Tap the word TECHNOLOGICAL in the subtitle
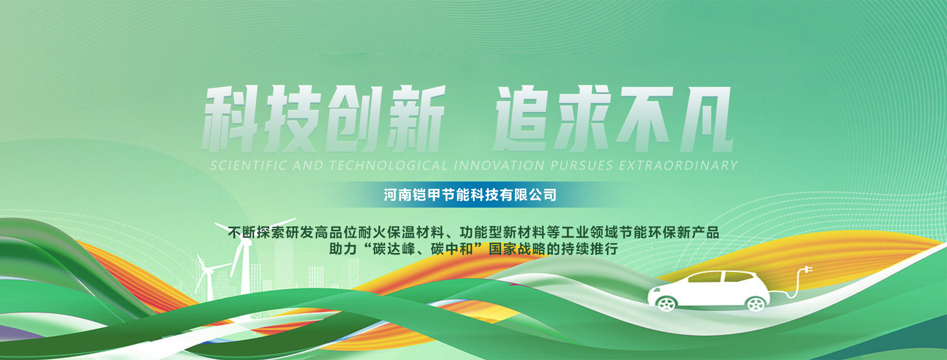(389, 166)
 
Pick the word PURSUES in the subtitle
(582, 166)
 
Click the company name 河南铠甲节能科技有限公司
(470, 195)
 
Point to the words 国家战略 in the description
(517, 249)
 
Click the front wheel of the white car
(666, 303)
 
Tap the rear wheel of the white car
(755, 303)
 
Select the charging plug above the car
(806, 270)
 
